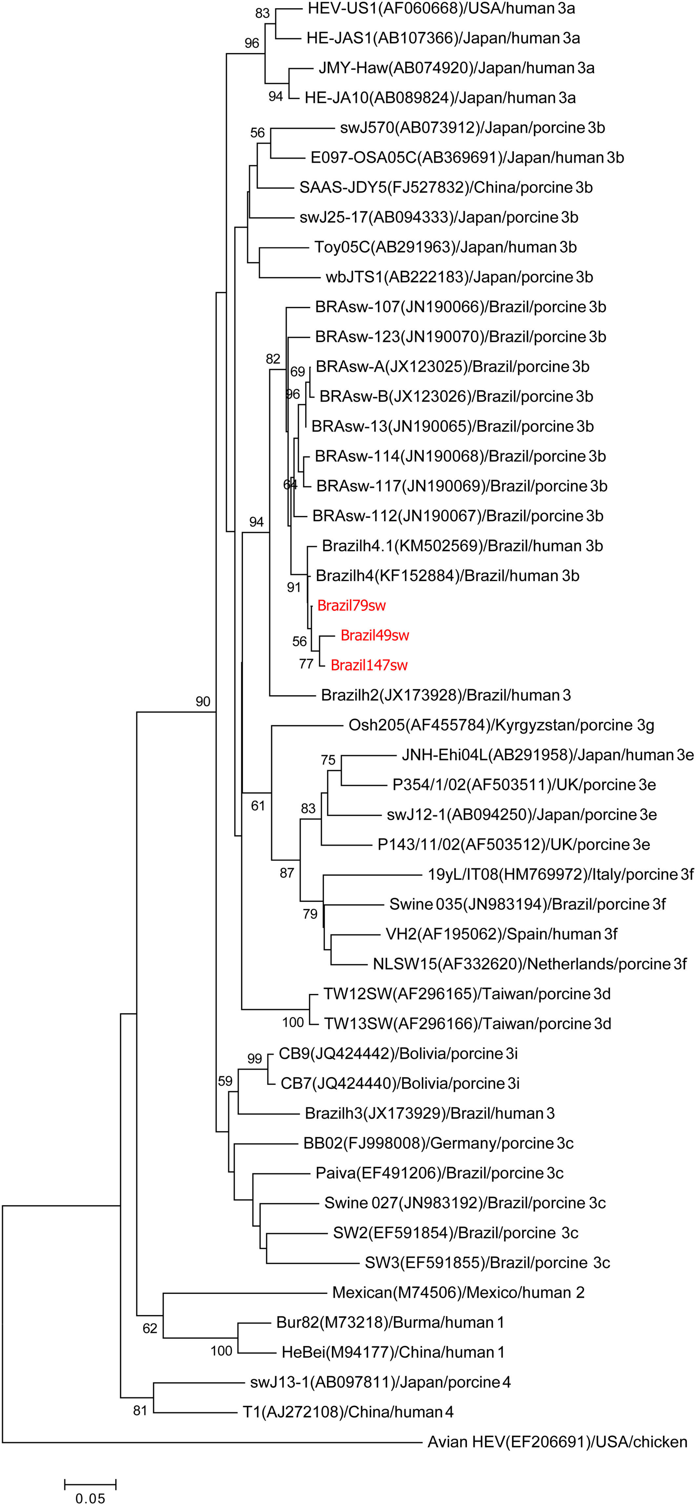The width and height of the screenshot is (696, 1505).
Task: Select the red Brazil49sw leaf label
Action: pos(375,635)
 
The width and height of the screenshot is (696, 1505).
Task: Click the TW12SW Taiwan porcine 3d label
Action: pos(467,994)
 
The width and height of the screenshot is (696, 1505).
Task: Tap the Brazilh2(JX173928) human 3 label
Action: pos(445,695)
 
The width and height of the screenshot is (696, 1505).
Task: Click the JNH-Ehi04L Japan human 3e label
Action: pos(547,755)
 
